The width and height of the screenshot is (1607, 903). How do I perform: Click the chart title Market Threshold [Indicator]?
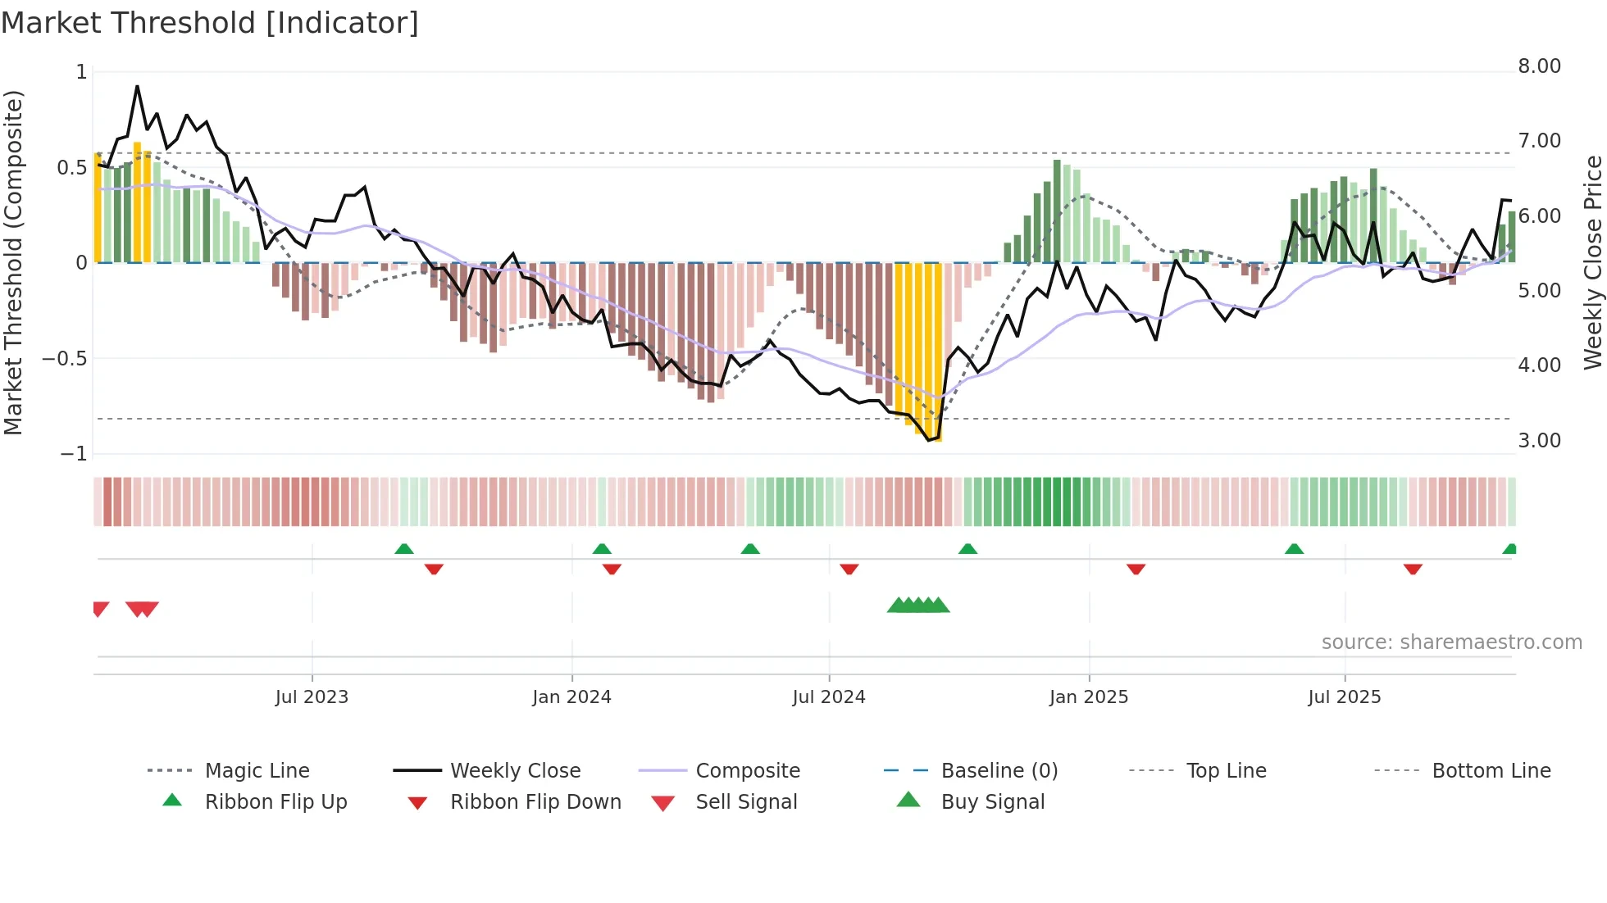point(210,23)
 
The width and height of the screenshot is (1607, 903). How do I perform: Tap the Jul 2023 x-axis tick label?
point(312,697)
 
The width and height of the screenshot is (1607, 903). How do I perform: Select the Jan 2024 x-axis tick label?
point(571,697)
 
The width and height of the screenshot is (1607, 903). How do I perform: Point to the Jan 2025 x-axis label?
point(1089,697)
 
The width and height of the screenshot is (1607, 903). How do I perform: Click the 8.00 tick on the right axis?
point(1539,66)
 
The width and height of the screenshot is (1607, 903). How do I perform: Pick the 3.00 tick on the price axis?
point(1539,441)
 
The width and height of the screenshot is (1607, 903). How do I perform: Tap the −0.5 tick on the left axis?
point(65,359)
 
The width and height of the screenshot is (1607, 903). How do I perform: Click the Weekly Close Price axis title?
point(1592,262)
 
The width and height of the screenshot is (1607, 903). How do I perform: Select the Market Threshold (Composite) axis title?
point(13,262)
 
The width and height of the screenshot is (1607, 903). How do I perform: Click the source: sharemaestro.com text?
point(1451,642)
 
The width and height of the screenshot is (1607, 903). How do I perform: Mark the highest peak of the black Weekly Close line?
point(137,86)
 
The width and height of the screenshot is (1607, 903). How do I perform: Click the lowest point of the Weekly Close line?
point(929,441)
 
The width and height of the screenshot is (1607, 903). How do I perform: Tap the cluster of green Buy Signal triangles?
point(918,606)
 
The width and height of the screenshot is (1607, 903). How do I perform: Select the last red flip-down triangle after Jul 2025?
point(1413,569)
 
